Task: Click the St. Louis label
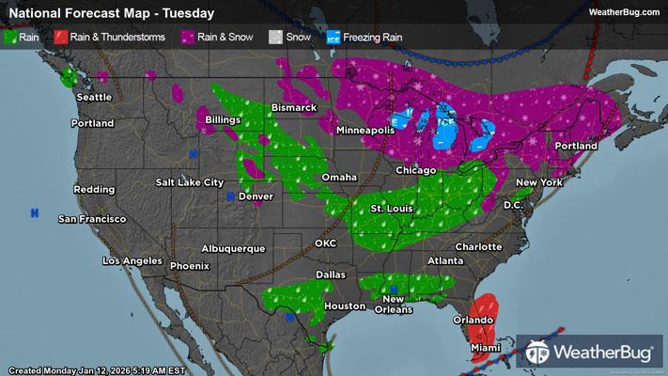[x=390, y=207]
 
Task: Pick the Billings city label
[x=224, y=121]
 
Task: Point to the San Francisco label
[x=92, y=219]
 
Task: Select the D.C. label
[x=513, y=204]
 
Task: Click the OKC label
[x=325, y=243]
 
